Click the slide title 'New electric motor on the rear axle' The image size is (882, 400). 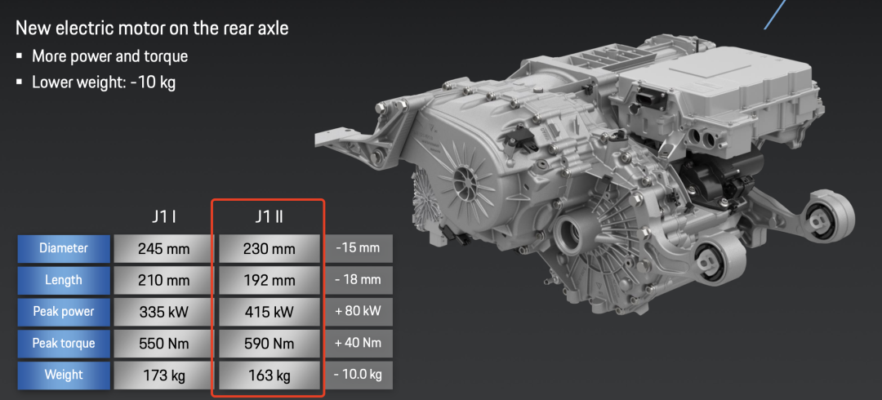pyautogui.click(x=152, y=28)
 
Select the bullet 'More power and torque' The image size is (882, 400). pyautogui.click(x=109, y=56)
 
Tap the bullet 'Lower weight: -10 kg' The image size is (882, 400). pyautogui.click(x=104, y=82)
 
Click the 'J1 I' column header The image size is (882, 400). pyautogui.click(x=163, y=217)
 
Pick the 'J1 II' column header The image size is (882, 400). pyautogui.click(x=268, y=217)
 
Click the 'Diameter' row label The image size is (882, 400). pyautogui.click(x=64, y=248)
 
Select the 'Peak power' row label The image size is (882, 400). pyautogui.click(x=64, y=312)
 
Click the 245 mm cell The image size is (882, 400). pyautogui.click(x=163, y=248)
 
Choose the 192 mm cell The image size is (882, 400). pyautogui.click(x=269, y=280)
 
